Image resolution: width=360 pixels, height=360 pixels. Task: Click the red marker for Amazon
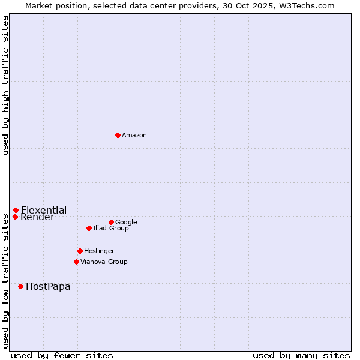[118, 135]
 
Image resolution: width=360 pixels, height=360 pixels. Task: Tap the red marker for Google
[111, 222]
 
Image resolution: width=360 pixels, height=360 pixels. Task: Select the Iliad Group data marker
[89, 228]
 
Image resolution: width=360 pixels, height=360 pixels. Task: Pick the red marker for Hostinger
[80, 251]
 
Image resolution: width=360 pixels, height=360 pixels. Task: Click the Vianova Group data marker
[76, 262]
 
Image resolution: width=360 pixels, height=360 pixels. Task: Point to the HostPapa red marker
[20, 286]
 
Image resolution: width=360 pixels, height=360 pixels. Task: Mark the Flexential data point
[16, 210]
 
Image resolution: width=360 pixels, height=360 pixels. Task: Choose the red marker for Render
[15, 217]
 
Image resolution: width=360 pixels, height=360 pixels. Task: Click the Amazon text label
[134, 136]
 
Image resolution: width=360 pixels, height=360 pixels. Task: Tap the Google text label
[126, 222]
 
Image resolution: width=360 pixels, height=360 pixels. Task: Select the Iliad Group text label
[111, 229]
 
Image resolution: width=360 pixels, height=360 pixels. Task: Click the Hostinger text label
[99, 251]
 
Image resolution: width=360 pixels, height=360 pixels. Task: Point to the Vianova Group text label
[104, 262]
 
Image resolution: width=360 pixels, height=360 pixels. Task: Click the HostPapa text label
[48, 287]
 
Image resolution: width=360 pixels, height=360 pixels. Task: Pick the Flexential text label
[44, 210]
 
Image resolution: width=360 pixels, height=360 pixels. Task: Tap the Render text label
[37, 217]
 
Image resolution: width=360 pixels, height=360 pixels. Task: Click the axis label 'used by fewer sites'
[62, 355]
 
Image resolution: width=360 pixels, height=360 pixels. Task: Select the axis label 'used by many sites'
[301, 355]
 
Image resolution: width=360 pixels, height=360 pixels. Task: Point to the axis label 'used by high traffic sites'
[5, 85]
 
